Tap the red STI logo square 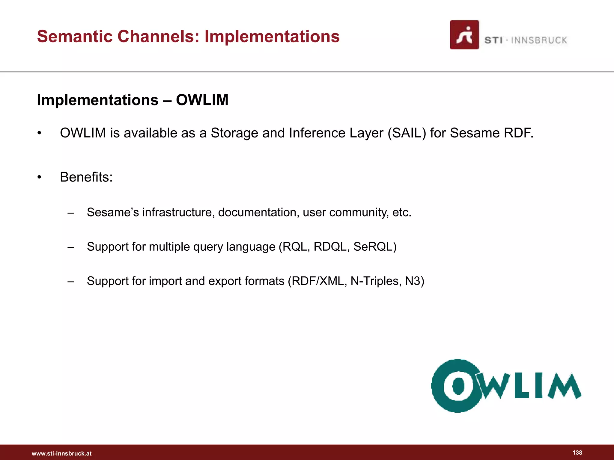coord(464,35)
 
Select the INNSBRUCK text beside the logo coord(539,40)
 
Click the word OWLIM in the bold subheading coord(202,100)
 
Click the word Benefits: coord(86,177)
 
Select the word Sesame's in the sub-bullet coord(113,212)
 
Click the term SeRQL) coord(375,247)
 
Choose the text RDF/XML coord(317,281)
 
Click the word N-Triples coord(376,281)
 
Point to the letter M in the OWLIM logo coord(565,387)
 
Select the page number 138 coord(577,453)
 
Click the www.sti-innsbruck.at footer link coord(62,453)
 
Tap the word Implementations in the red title coord(272,37)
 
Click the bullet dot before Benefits coord(39,177)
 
